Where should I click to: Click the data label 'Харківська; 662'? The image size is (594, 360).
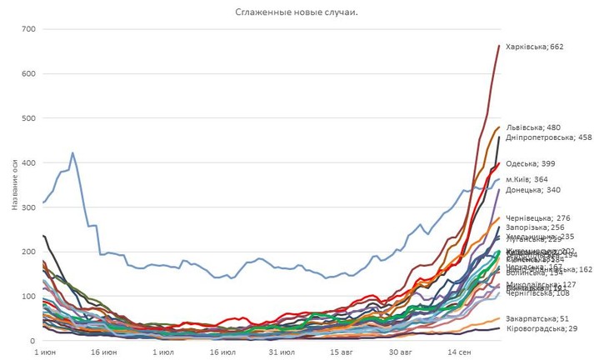pyautogui.click(x=534, y=47)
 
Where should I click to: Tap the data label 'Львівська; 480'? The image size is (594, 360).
pyautogui.click(x=533, y=127)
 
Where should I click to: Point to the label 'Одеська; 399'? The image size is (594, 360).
pyautogui.click(x=530, y=164)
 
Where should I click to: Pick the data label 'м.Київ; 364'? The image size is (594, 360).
pyautogui.click(x=529, y=180)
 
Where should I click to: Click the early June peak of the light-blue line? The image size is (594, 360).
pyautogui.click(x=72, y=153)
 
